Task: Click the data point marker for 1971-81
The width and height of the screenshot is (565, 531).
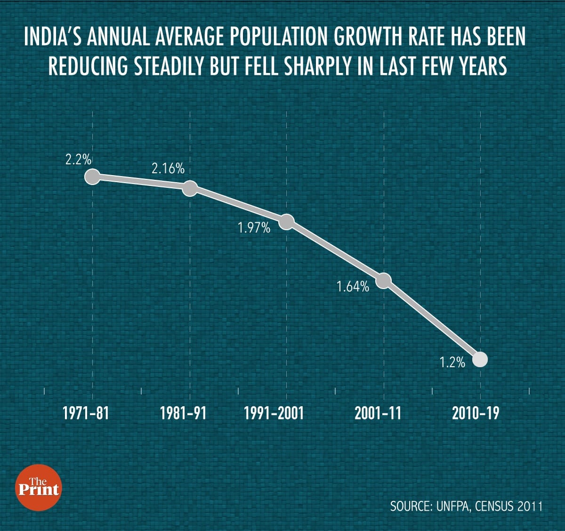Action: pos(92,177)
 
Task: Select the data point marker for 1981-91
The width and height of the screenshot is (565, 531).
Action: pos(190,188)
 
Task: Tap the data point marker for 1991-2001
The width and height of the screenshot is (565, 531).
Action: pos(287,221)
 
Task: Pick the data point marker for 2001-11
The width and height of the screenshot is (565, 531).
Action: pos(384,281)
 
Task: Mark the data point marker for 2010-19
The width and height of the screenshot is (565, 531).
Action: pos(480,360)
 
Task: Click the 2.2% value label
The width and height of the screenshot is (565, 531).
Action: pos(79,160)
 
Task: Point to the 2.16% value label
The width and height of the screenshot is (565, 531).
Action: pos(168,169)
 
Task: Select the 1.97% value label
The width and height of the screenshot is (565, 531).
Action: pos(254,229)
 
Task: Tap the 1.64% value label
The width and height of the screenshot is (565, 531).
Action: pos(353,286)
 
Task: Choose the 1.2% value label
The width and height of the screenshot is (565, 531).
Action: pos(452,362)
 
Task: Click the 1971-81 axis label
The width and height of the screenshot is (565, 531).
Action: pos(86,413)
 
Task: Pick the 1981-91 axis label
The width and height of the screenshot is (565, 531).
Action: pos(183,413)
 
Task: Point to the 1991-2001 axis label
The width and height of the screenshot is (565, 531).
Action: pos(274,413)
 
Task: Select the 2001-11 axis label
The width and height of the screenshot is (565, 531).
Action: pos(378,413)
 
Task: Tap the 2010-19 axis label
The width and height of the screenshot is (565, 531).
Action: pos(476,413)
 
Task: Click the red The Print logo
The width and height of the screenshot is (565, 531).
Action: pos(39,487)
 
